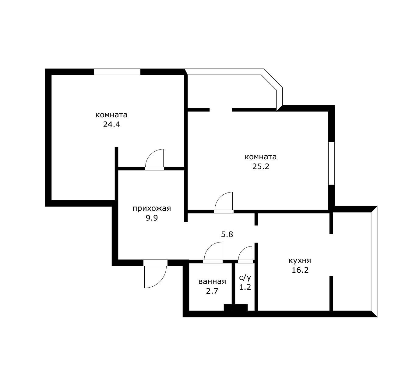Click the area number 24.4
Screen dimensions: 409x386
coord(111,125)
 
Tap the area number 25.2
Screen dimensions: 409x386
coord(261,167)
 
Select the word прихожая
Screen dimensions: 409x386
coord(152,209)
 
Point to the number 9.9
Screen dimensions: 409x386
coord(152,218)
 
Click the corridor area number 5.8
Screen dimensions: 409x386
coord(227,235)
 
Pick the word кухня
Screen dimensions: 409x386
coord(300,260)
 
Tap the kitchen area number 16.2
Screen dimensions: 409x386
coord(300,270)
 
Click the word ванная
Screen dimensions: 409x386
coord(212,282)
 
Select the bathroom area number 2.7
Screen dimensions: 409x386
coord(212,291)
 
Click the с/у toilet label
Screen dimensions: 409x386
coord(245,278)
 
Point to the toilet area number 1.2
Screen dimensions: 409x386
coord(245,287)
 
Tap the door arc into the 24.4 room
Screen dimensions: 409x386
coord(150,154)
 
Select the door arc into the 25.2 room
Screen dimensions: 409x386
coord(220,197)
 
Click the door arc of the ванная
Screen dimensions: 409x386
coord(209,247)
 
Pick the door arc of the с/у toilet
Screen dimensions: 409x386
coord(242,250)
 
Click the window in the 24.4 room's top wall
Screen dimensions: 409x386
coord(117,72)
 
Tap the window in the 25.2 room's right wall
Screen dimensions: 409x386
coord(331,163)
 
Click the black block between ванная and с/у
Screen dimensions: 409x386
coord(236,307)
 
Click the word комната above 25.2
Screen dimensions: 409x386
coord(260,157)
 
